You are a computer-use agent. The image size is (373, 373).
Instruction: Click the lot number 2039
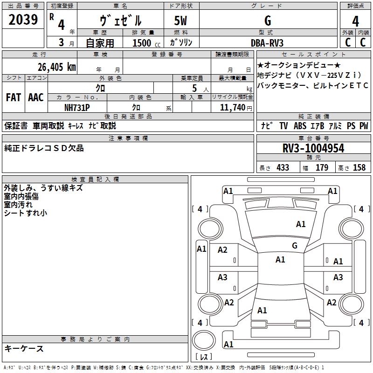coord(23,20)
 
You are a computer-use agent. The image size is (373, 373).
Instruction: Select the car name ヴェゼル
coord(121,21)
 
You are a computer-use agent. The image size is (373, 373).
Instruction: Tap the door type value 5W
coord(181,21)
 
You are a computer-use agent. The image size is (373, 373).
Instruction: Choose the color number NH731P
coord(77,107)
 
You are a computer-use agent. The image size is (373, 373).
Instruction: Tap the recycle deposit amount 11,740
coord(231,107)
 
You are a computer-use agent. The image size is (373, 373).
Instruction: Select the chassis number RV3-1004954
coord(313,148)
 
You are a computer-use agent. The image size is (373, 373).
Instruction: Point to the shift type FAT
coord(14,97)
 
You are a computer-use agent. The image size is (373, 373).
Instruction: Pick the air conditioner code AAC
coord(36,97)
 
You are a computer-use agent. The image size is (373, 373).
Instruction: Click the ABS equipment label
coord(300,126)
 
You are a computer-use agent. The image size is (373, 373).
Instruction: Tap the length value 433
coord(283,167)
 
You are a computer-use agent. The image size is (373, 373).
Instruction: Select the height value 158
coord(359,167)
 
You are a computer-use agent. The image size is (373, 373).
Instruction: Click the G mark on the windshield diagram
coord(295,246)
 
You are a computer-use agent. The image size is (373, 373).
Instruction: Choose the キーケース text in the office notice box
coord(24,348)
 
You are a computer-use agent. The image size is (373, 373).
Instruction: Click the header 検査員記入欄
coord(95,179)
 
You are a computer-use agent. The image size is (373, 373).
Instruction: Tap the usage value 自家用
coord(100,43)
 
